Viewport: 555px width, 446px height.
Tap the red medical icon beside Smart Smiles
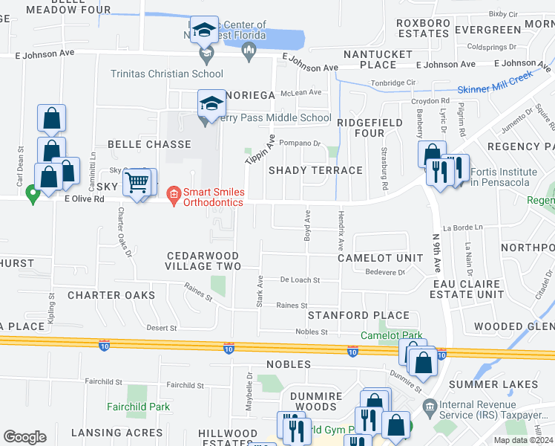click(174, 196)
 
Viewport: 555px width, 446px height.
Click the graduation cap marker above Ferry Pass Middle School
click(211, 103)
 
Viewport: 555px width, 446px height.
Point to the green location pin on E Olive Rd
click(32, 195)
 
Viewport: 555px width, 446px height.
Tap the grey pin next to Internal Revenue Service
click(428, 406)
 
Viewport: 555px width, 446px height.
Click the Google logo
click(24, 436)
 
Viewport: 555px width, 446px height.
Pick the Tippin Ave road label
click(260, 151)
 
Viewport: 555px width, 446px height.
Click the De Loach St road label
click(300, 280)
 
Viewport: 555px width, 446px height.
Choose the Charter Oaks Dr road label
click(123, 231)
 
